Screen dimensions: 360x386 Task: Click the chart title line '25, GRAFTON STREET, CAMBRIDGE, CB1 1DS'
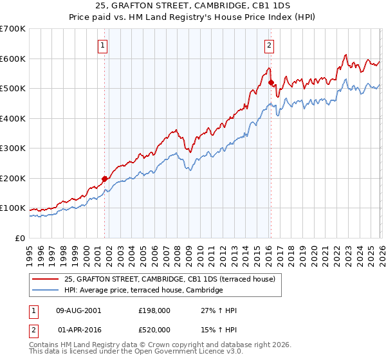pos(193,6)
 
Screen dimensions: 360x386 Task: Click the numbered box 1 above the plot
pos(104,45)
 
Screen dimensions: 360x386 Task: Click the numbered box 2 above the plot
pos(268,45)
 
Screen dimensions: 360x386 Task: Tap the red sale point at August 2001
pos(104,179)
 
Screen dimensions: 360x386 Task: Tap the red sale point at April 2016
pos(271,82)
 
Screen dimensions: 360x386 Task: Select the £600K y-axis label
pos(13,59)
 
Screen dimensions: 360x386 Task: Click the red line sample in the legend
pos(46,279)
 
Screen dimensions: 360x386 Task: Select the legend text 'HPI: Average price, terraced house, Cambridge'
pos(143,291)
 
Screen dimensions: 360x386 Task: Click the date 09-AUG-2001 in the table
pos(78,310)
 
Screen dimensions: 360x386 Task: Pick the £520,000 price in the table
pos(155,330)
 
